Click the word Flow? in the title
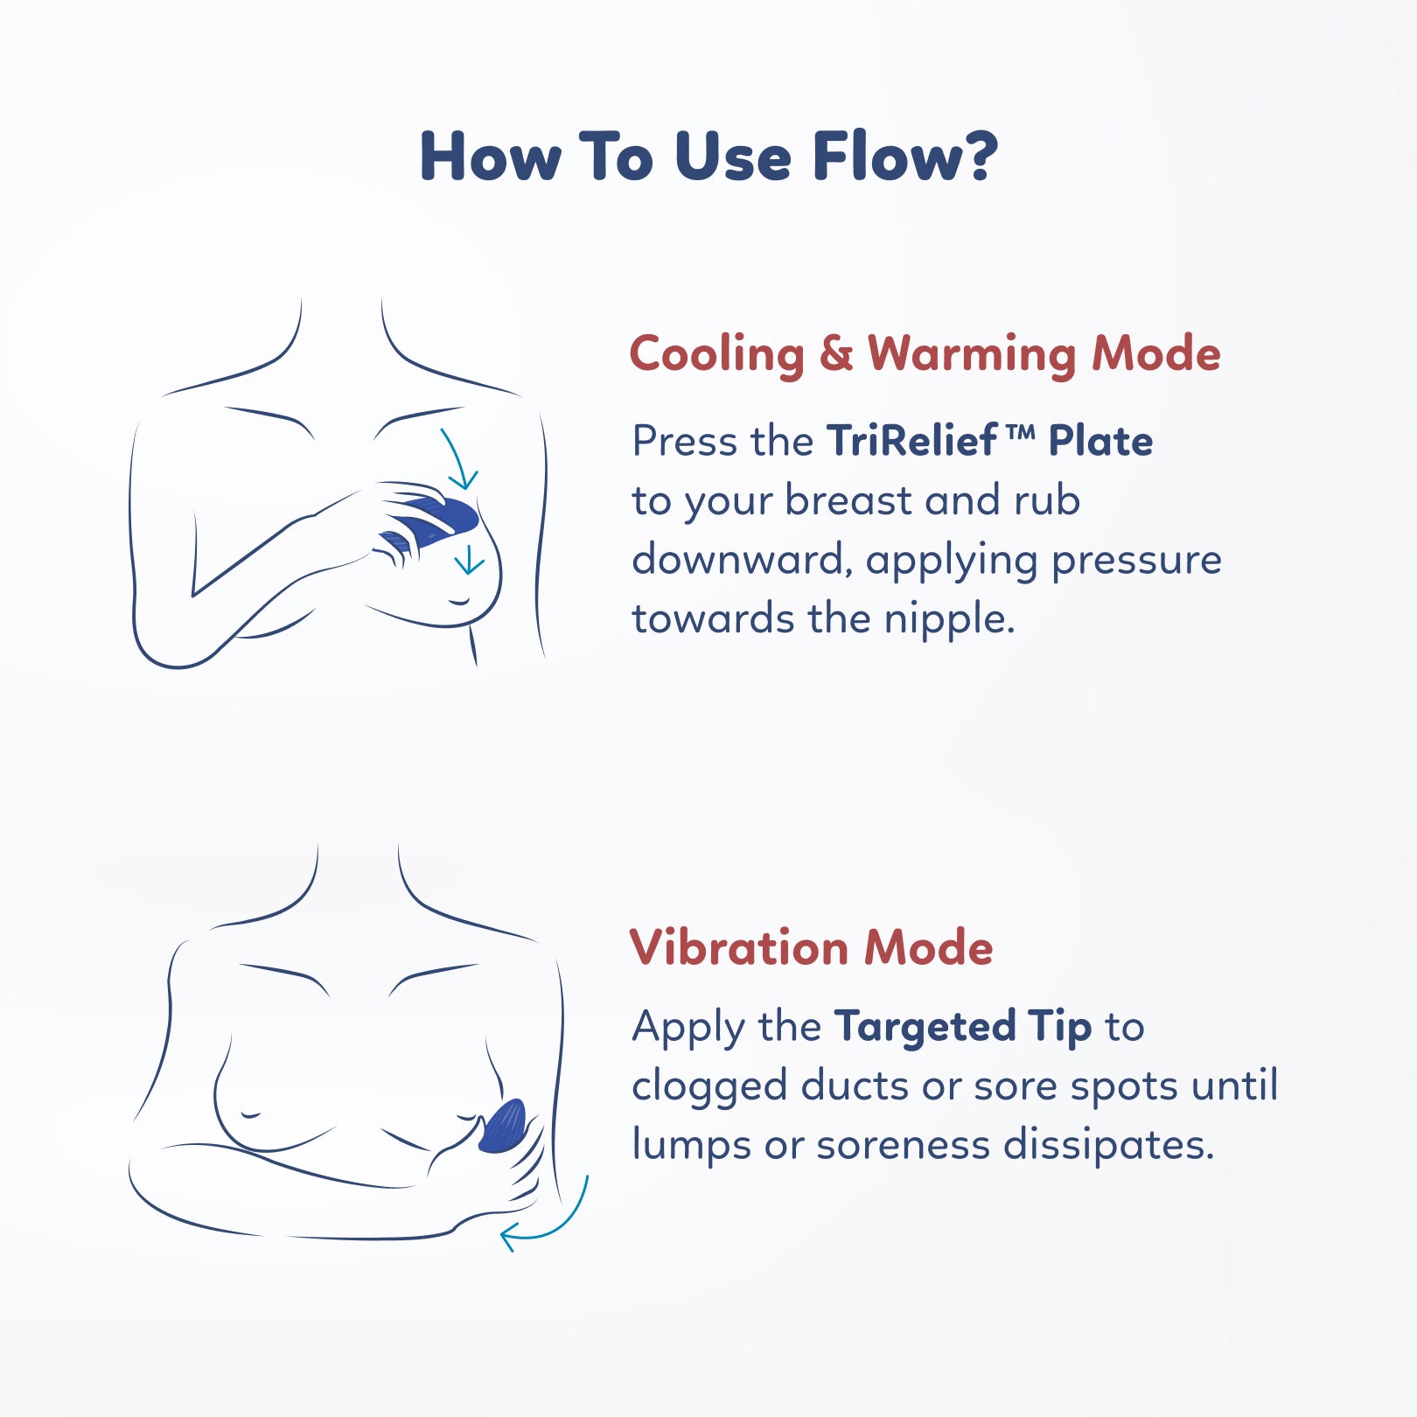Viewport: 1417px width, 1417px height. tap(905, 157)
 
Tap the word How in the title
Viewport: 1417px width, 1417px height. tap(491, 157)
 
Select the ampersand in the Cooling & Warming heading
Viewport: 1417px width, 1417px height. tap(835, 353)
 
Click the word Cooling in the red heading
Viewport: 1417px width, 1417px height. tap(716, 355)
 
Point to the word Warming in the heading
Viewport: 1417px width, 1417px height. tap(971, 355)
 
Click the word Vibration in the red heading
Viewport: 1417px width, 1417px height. tap(738, 947)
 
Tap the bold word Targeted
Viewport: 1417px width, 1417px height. tap(925, 1027)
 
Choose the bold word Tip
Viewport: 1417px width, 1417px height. tap(1059, 1027)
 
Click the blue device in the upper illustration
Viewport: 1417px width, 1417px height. tap(437, 516)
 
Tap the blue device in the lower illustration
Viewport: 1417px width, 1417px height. tap(503, 1127)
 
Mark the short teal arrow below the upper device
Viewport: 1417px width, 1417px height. tap(469, 560)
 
